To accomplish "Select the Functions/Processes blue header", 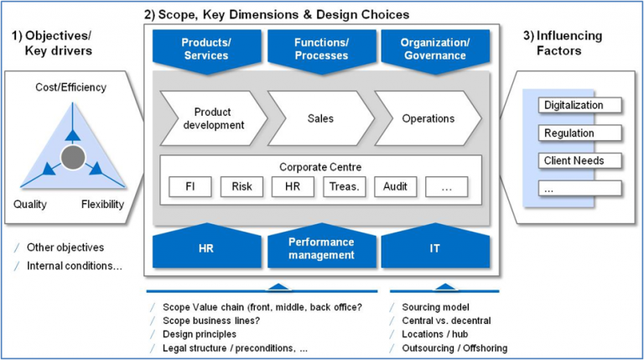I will [x=321, y=49].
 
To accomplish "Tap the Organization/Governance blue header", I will [x=434, y=49].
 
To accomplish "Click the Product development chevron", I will [x=212, y=118].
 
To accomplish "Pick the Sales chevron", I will [x=320, y=118].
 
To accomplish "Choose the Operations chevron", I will [x=428, y=118].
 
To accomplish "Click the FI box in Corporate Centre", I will [x=190, y=186].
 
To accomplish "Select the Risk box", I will [x=241, y=186].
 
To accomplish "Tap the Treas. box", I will [x=344, y=186].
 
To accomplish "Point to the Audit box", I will [x=395, y=186].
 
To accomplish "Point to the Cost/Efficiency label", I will [x=70, y=87].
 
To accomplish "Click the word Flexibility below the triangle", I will [x=102, y=204].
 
